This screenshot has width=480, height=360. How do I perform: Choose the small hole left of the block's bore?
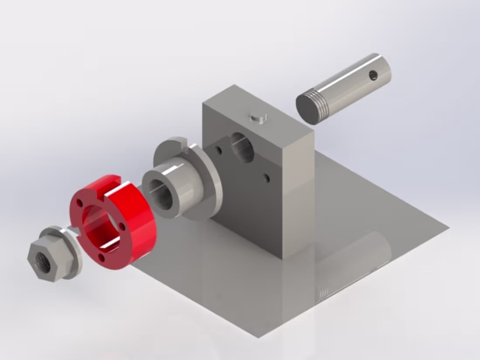[218, 151]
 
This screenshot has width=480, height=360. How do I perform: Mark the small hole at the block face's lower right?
[266, 178]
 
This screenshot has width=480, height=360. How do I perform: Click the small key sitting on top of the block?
[258, 117]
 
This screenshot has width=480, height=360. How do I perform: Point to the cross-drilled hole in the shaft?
[373, 76]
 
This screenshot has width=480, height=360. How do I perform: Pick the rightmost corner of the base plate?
[449, 228]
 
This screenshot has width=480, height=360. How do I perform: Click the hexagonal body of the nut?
[50, 262]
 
